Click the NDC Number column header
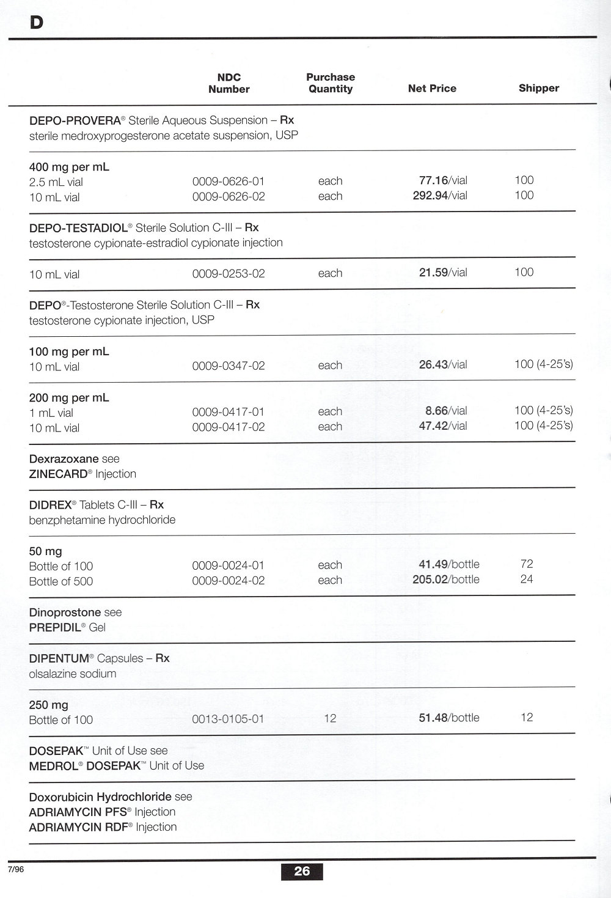tap(229, 83)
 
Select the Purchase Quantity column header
tap(331, 83)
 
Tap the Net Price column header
tap(432, 89)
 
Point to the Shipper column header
tap(538, 88)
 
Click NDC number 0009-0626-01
tap(229, 182)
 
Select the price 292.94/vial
tap(440, 196)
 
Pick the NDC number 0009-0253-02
tap(229, 274)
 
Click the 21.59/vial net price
tap(443, 273)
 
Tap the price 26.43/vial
tap(443, 365)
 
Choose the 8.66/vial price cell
tap(446, 411)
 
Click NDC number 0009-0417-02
tap(229, 427)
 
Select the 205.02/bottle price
tap(446, 580)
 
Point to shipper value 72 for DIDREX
tap(527, 564)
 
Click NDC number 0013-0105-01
tap(228, 719)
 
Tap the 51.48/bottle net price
tap(449, 718)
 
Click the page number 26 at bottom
tap(302, 871)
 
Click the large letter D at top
tap(36, 23)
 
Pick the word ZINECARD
tap(58, 474)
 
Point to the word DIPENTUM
tap(59, 659)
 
